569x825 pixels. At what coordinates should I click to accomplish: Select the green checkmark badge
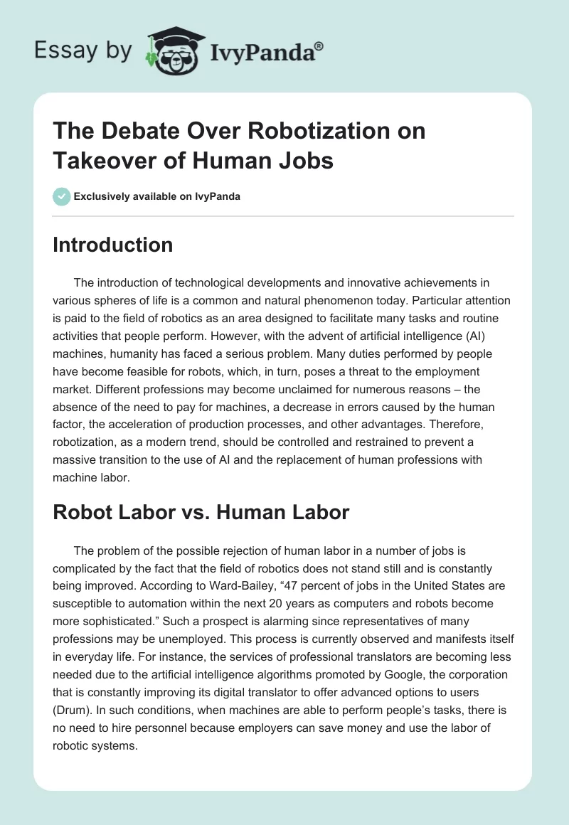point(62,196)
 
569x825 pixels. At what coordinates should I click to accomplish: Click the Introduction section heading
point(113,245)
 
